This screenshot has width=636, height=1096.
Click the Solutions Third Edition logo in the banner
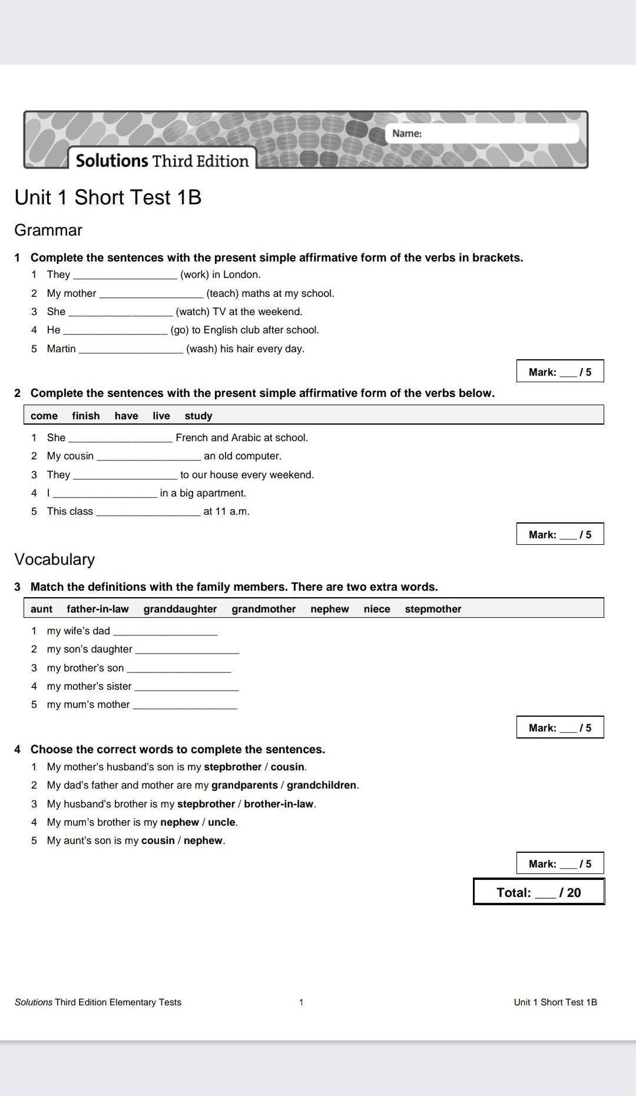click(x=162, y=160)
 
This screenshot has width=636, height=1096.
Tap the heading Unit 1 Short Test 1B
click(x=108, y=197)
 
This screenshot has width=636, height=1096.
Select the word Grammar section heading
click(x=48, y=230)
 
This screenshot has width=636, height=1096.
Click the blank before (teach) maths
click(x=151, y=294)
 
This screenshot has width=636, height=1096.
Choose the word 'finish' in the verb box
click(x=86, y=416)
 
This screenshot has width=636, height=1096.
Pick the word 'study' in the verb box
click(x=198, y=416)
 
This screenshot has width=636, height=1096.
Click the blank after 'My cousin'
click(x=148, y=456)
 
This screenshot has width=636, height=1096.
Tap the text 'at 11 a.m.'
click(x=227, y=511)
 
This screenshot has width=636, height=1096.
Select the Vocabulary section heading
click(x=54, y=559)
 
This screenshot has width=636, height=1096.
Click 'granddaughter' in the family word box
click(x=180, y=609)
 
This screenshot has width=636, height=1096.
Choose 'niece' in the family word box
click(x=377, y=609)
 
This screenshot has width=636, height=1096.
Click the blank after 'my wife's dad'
click(x=165, y=631)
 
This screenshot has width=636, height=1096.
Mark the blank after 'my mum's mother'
click(x=185, y=705)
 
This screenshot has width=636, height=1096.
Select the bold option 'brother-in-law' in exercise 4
click(x=279, y=804)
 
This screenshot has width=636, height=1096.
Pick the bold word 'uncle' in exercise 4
click(x=221, y=822)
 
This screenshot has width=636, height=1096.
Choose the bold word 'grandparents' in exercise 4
click(x=244, y=785)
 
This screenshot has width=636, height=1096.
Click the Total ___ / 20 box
click(x=539, y=892)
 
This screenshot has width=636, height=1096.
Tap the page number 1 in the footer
click(x=301, y=1002)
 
